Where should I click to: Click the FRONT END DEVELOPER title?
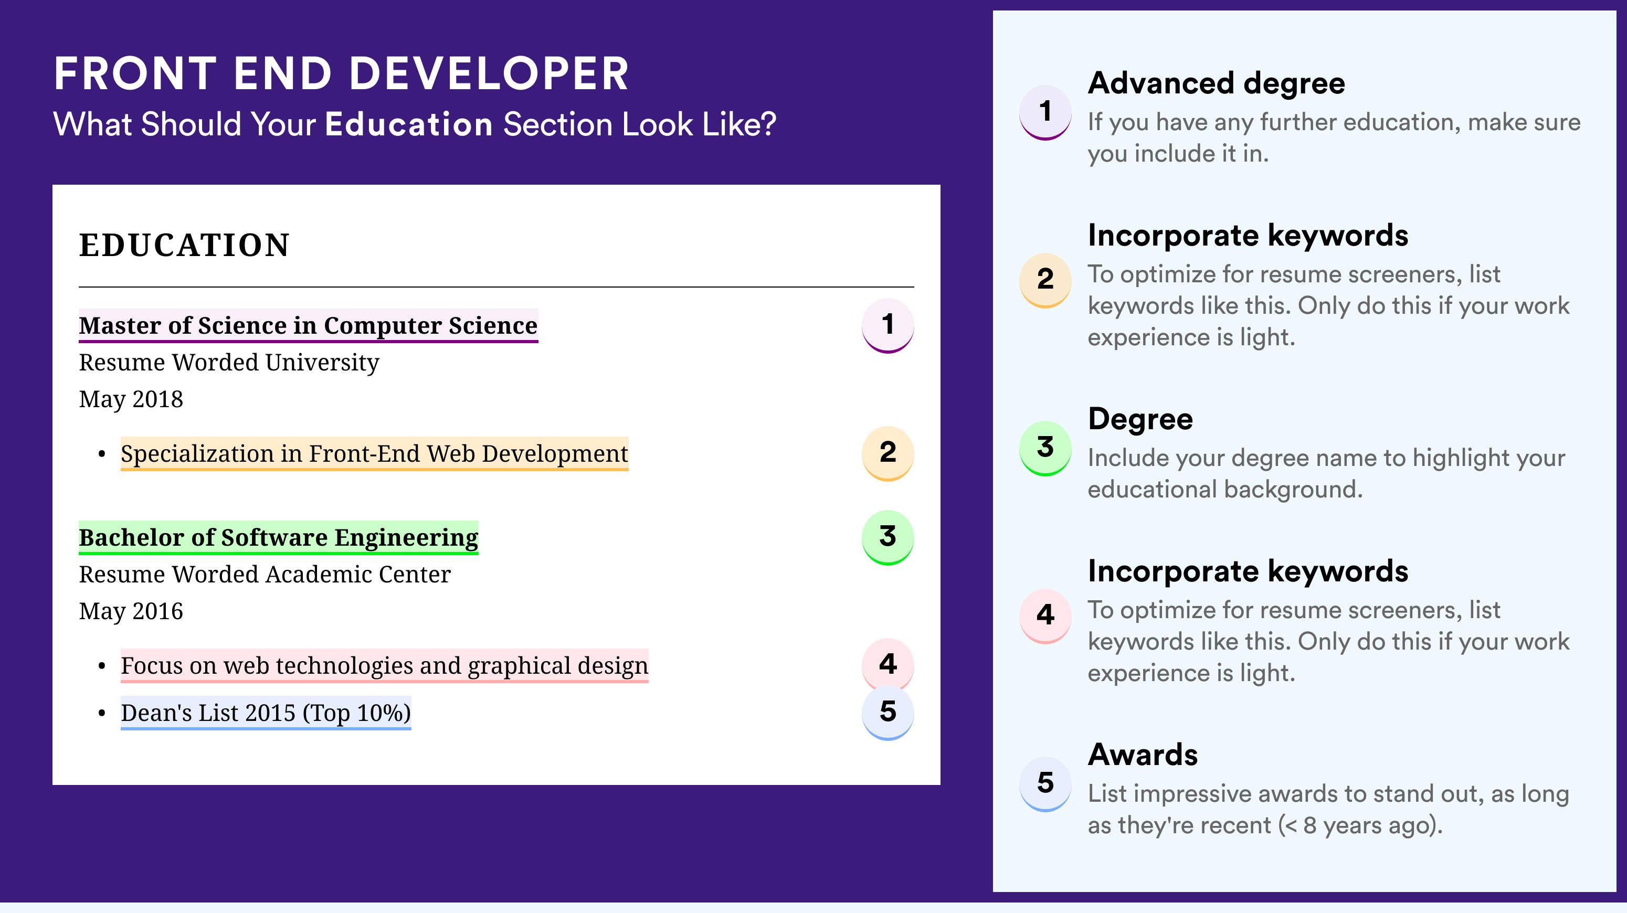[x=341, y=73]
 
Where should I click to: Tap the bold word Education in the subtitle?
[x=409, y=124]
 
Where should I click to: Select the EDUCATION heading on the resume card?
[x=184, y=245]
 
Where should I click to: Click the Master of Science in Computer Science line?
[x=308, y=325]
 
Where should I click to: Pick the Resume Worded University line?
[x=229, y=363]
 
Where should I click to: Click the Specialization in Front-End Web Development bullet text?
[x=375, y=453]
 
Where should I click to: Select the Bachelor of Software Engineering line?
[x=279, y=537]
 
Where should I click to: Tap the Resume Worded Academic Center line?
[x=265, y=575]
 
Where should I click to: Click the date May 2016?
[x=131, y=612]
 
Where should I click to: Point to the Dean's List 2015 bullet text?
[x=266, y=713]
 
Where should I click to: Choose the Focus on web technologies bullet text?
[x=385, y=665]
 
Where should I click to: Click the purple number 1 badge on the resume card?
[x=888, y=325]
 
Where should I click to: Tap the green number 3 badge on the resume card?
[x=888, y=537]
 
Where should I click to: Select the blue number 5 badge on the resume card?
[x=888, y=712]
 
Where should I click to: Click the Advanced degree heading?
[x=1217, y=83]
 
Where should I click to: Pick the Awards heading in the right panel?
[x=1143, y=755]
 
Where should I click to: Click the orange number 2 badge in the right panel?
[x=1045, y=280]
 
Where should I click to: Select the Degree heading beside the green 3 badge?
[x=1140, y=419]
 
